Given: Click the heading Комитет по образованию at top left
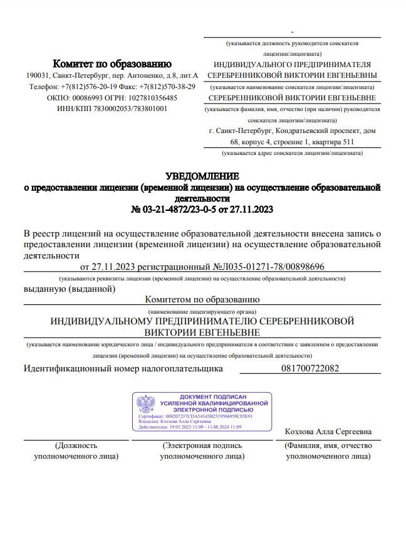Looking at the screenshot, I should (x=112, y=63).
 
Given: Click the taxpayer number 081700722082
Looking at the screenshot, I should (x=311, y=369).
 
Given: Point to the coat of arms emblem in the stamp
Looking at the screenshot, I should (x=146, y=405).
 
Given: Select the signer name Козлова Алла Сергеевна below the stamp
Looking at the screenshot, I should (x=328, y=432).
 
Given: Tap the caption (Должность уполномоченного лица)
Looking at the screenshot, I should (x=76, y=451).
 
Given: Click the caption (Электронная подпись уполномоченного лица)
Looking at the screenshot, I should (x=202, y=451).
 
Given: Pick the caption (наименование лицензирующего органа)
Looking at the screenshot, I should (x=202, y=312).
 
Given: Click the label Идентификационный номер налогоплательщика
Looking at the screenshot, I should (x=123, y=369).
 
